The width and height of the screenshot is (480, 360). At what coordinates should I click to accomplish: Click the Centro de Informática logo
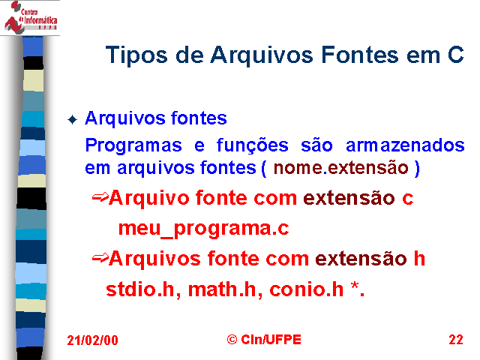[x=31, y=16]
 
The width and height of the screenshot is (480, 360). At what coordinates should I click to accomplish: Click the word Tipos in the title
[x=136, y=55]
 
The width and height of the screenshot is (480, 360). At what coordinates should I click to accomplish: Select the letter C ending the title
[x=455, y=55]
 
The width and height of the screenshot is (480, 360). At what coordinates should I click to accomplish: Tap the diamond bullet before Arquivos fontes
[x=72, y=119]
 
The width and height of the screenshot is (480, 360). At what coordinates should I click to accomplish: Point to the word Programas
[x=133, y=145]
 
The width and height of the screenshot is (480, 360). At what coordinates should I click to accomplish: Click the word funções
[x=252, y=145]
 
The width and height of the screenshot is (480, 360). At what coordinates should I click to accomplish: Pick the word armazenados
[x=405, y=145]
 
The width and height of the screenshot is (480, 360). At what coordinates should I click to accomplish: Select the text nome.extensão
[x=341, y=168]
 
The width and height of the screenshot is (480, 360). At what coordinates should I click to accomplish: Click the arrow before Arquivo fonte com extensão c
[x=100, y=198]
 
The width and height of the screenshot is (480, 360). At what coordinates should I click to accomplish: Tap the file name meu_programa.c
[x=203, y=229]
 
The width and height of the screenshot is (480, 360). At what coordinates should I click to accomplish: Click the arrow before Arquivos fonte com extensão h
[x=100, y=259]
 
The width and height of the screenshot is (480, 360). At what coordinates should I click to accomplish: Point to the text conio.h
[x=307, y=289]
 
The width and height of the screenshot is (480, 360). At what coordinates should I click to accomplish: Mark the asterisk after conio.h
[x=355, y=286]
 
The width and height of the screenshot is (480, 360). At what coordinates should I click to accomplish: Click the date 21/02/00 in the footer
[x=92, y=340]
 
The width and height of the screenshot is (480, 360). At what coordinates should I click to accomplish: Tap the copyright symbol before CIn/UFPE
[x=232, y=340]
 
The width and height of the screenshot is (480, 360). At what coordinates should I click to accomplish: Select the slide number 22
[x=456, y=340]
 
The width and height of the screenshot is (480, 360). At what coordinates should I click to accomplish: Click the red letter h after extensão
[x=419, y=258]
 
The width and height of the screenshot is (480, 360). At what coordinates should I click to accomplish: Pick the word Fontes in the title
[x=360, y=55]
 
